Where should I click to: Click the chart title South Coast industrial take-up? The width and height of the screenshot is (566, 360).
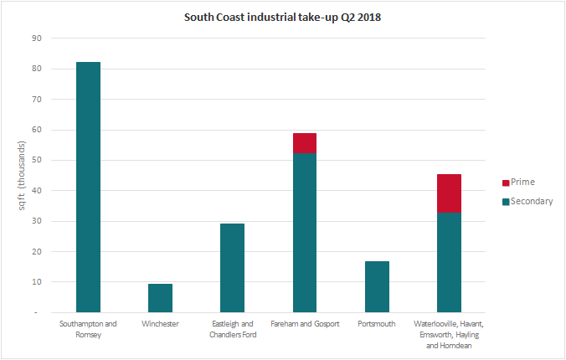click(x=281, y=17)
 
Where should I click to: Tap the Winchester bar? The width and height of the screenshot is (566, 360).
click(x=160, y=298)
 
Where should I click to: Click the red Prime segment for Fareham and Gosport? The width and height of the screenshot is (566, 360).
click(x=304, y=143)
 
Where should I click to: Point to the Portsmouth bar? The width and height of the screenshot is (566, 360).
click(x=377, y=286)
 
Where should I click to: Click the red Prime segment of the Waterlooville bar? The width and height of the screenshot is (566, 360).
click(x=449, y=193)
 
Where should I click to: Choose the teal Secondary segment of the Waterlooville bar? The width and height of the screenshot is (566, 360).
click(x=449, y=262)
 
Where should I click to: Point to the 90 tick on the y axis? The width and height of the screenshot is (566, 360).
click(x=35, y=39)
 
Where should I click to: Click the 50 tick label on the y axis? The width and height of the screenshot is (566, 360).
click(x=35, y=160)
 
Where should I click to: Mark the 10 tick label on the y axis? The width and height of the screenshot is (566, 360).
click(x=35, y=282)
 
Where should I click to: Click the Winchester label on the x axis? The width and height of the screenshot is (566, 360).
click(x=160, y=323)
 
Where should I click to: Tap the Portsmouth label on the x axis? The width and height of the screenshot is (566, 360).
click(x=377, y=323)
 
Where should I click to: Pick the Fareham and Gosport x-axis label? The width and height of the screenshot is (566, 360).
click(x=304, y=323)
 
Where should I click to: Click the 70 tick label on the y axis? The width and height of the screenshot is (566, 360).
click(x=35, y=100)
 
